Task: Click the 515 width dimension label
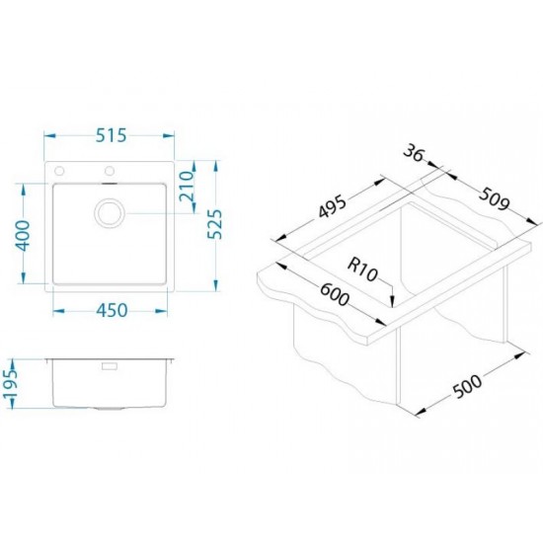coord(111,135)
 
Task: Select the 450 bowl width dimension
coord(112,311)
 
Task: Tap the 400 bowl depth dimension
coord(24,236)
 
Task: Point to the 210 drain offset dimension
coord(187,187)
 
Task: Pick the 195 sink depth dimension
coord(9,384)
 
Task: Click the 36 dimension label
coord(414,153)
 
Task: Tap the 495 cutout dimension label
coord(332,207)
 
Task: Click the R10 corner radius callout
coord(362,271)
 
